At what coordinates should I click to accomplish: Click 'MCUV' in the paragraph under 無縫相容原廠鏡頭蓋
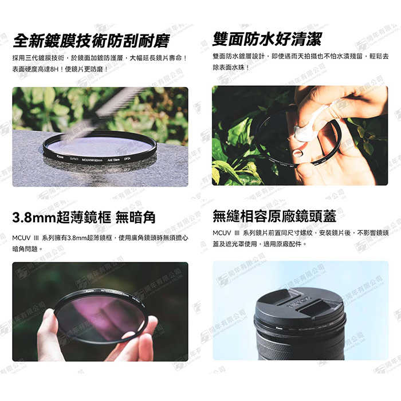tap(222, 233)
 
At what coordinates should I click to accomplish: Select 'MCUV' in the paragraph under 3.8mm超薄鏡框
tap(22, 237)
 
